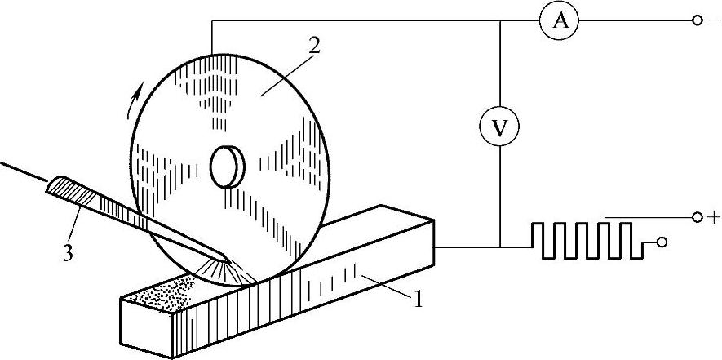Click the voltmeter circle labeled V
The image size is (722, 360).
point(498,127)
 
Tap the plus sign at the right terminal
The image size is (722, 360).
point(716,218)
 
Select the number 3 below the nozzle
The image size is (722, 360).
point(69,253)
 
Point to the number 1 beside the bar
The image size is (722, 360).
point(418,299)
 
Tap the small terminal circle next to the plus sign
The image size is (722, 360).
point(698,218)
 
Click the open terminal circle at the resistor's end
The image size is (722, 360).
point(662,243)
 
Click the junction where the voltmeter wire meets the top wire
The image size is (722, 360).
point(498,22)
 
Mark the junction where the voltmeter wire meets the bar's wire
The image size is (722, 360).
point(498,245)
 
